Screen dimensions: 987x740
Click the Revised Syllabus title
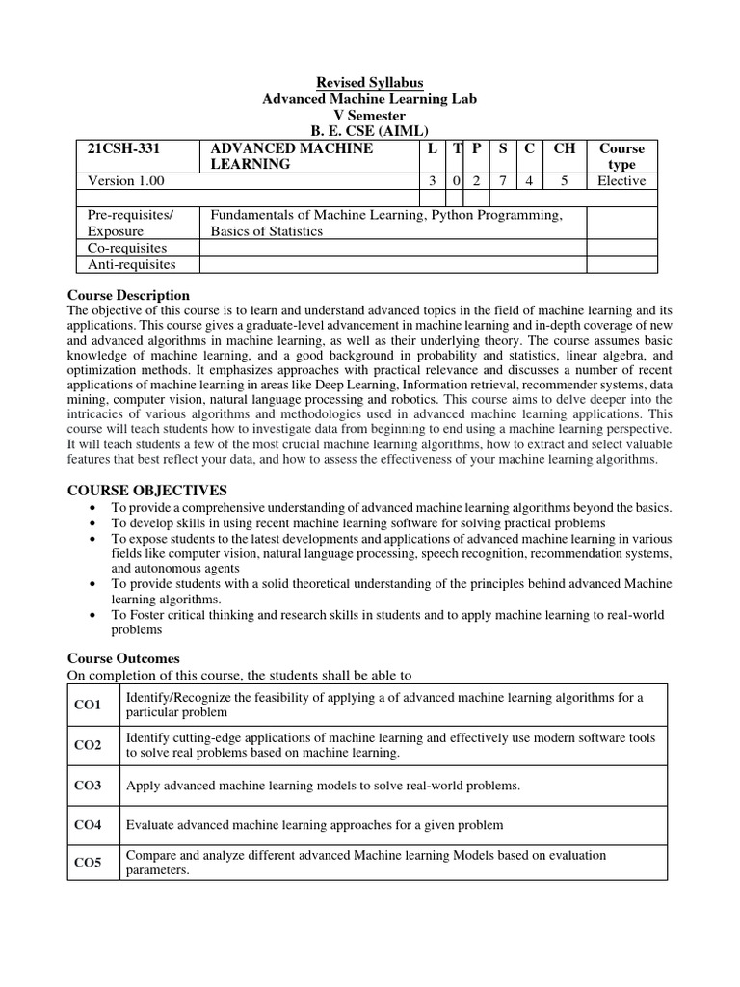[x=370, y=83]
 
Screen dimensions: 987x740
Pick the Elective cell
[x=621, y=180]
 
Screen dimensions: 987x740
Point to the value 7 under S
[x=503, y=180]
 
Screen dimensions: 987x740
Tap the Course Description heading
[x=128, y=295]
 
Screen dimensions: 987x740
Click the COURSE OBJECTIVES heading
[x=147, y=491]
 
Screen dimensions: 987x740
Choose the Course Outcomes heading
[x=123, y=658]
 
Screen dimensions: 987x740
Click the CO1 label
[x=88, y=706]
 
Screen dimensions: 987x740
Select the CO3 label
[x=88, y=786]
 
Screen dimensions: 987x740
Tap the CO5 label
[x=88, y=863]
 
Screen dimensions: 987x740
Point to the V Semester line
[x=370, y=116]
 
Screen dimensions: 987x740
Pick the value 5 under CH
[x=564, y=180]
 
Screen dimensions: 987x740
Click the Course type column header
[x=621, y=156]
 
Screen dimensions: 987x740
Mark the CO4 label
[x=88, y=825]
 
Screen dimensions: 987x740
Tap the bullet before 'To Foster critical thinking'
[x=91, y=615]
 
